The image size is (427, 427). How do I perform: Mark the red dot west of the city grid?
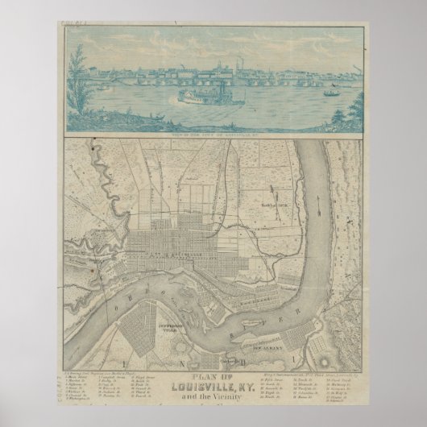(x=93, y=271)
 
